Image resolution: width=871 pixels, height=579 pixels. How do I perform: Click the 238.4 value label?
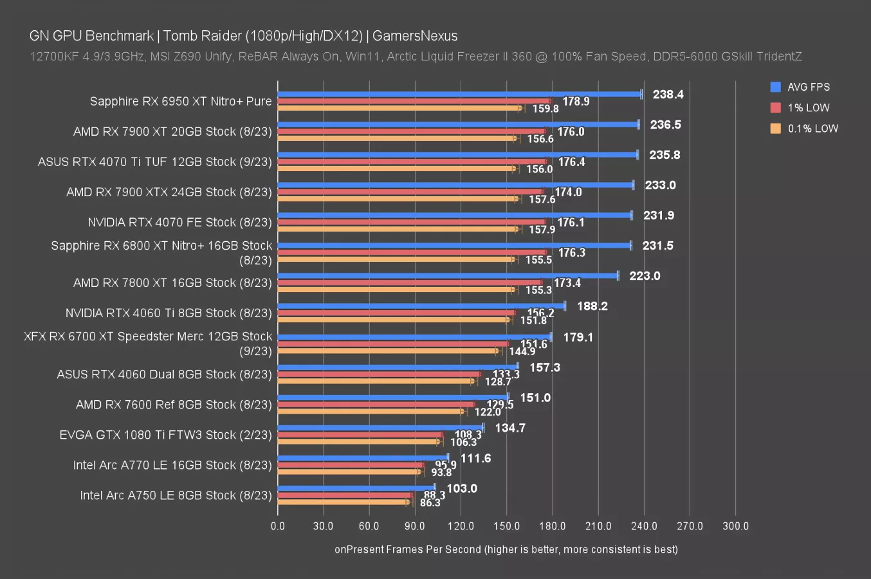(x=668, y=95)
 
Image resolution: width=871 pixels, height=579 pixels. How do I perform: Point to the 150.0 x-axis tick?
(x=506, y=526)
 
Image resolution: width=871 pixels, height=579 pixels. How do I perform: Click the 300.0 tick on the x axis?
(x=735, y=526)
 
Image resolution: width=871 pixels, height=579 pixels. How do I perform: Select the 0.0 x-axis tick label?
(x=278, y=526)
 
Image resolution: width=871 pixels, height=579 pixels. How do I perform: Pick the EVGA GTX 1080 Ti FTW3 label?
(x=165, y=435)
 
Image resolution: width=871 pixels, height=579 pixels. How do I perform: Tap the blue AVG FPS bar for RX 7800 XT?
(x=447, y=275)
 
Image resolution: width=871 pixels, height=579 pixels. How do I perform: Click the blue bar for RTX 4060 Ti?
(x=421, y=306)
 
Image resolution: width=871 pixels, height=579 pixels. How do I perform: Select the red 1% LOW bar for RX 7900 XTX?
(x=410, y=192)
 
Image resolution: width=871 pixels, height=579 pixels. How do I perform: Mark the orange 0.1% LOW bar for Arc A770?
(x=349, y=472)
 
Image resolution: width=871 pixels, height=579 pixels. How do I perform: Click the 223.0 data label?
(x=645, y=276)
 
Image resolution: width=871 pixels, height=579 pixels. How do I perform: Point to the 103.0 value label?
(x=462, y=488)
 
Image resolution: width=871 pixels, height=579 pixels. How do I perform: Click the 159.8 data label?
(x=546, y=109)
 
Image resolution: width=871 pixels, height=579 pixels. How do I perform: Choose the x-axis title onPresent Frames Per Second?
(x=506, y=549)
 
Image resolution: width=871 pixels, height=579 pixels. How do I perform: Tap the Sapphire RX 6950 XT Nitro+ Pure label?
(x=181, y=101)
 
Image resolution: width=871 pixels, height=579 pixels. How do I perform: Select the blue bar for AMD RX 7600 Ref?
(x=393, y=397)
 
